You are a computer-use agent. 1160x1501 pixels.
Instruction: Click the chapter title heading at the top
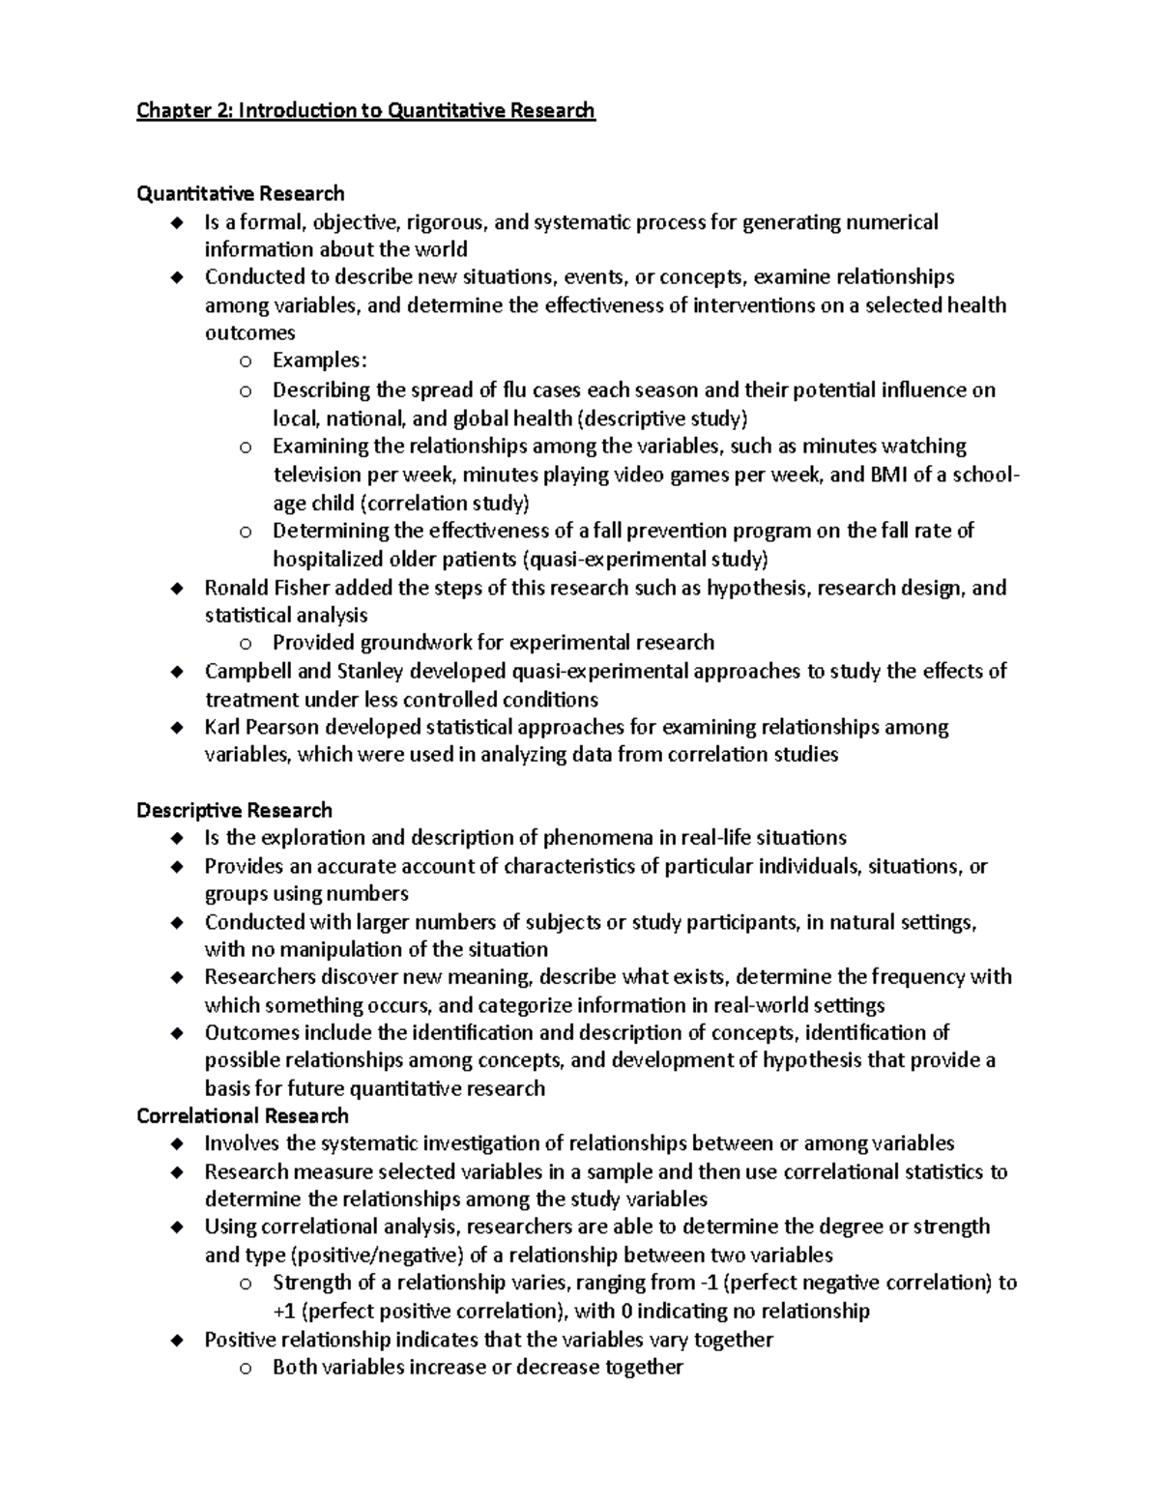(x=365, y=110)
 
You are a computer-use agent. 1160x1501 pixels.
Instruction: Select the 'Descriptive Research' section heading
(x=234, y=810)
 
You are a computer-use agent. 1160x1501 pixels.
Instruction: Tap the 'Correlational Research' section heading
(x=243, y=1116)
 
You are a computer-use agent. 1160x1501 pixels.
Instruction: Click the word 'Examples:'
(x=320, y=361)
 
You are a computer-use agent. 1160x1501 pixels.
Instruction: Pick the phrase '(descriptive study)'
(x=662, y=419)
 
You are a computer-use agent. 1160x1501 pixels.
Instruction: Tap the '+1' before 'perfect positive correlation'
(x=285, y=1312)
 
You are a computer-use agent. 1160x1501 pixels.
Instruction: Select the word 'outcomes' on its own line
(x=249, y=332)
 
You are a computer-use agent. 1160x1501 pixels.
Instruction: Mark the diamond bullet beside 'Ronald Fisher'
(x=176, y=589)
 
